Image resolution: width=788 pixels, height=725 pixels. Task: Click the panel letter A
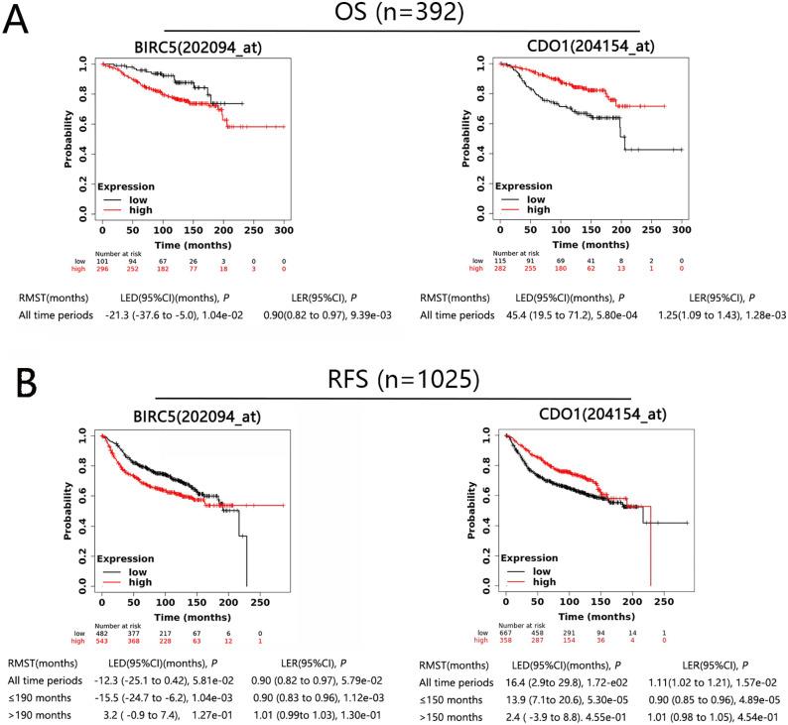click(17, 20)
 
